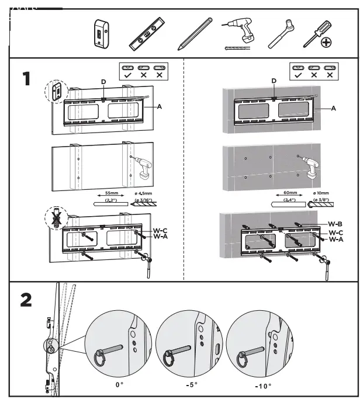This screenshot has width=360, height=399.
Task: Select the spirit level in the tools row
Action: [147, 34]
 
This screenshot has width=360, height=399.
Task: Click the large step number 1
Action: [26, 79]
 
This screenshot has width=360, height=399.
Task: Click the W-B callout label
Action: [335, 223]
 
